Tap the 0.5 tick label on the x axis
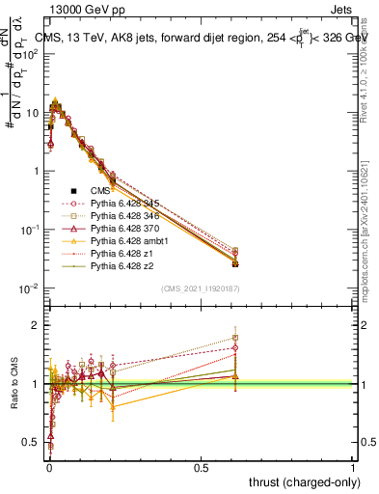tap(201, 466)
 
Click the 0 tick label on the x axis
tap(48, 466)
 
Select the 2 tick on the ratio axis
tap(40, 325)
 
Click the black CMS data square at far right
tap(235, 262)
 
